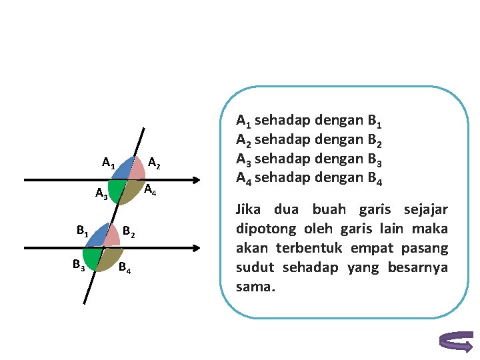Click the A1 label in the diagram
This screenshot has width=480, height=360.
tap(109, 163)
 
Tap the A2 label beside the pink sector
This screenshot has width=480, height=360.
tap(154, 163)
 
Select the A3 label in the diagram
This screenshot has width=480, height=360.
tap(102, 194)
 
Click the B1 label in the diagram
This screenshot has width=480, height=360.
tap(82, 233)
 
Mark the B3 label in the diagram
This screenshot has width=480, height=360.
tap(79, 265)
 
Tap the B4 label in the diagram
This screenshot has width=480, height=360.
tap(125, 269)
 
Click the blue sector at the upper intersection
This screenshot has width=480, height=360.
tap(123, 170)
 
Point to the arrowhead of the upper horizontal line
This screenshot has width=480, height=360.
tap(195, 180)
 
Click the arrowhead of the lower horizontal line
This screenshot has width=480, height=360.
tap(195, 247)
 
